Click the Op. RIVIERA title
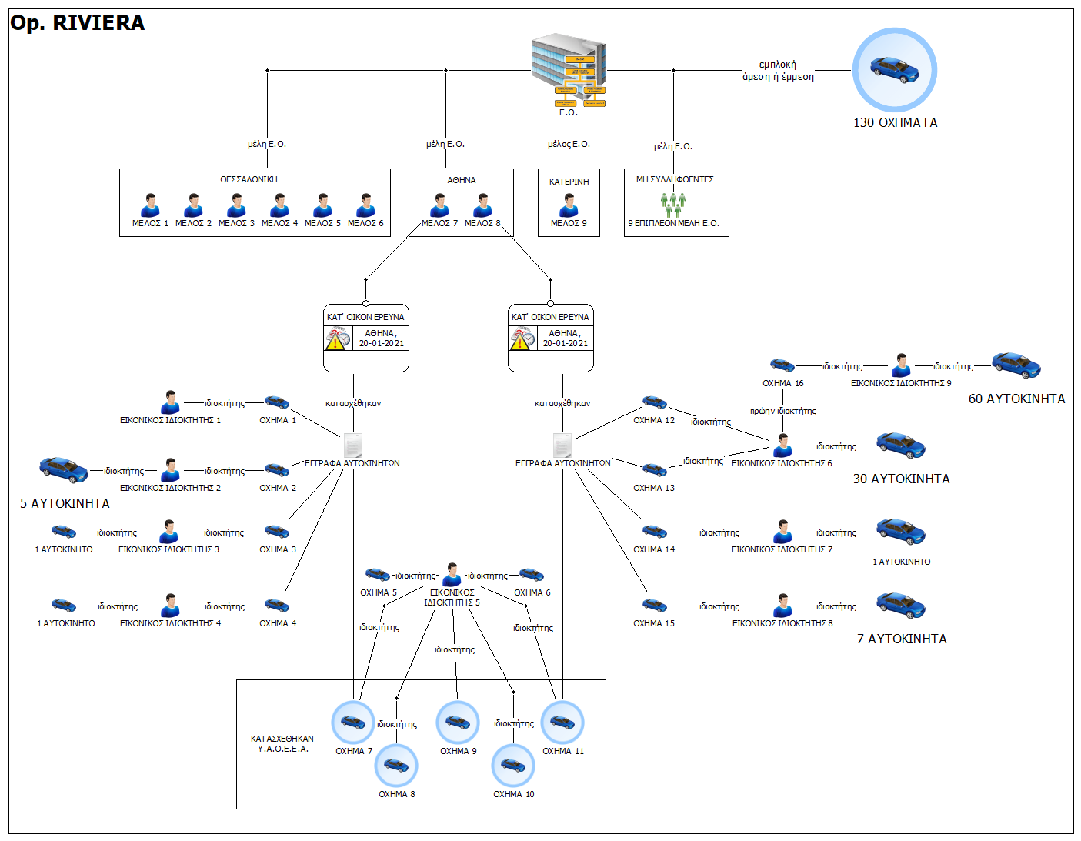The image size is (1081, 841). (x=77, y=23)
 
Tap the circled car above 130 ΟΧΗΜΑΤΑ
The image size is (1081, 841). (x=894, y=70)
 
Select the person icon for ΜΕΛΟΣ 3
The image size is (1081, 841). (x=236, y=205)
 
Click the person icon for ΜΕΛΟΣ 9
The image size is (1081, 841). (x=569, y=205)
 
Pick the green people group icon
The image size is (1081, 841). (x=673, y=205)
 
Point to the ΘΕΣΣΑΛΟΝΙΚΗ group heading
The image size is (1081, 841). (x=249, y=179)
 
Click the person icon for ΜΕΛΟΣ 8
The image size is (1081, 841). (x=482, y=205)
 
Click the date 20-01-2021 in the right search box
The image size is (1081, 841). (x=566, y=343)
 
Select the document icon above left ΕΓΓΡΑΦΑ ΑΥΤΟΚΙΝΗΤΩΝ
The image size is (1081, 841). (x=352, y=445)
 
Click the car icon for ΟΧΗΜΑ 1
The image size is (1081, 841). (x=277, y=402)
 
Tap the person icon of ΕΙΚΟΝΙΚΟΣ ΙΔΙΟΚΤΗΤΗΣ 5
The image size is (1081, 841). (x=452, y=575)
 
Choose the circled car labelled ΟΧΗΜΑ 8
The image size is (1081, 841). (x=396, y=766)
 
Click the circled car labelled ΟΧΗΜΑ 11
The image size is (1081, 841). (x=562, y=723)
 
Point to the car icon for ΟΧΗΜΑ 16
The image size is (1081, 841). (x=782, y=365)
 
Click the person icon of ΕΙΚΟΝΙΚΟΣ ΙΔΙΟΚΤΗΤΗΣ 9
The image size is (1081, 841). (x=901, y=365)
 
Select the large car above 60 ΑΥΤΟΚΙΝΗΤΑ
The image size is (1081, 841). (x=1016, y=365)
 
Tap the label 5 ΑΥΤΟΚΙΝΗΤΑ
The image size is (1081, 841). (x=65, y=503)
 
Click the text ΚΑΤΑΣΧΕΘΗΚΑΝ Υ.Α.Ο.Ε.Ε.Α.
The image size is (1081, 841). (x=282, y=743)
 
